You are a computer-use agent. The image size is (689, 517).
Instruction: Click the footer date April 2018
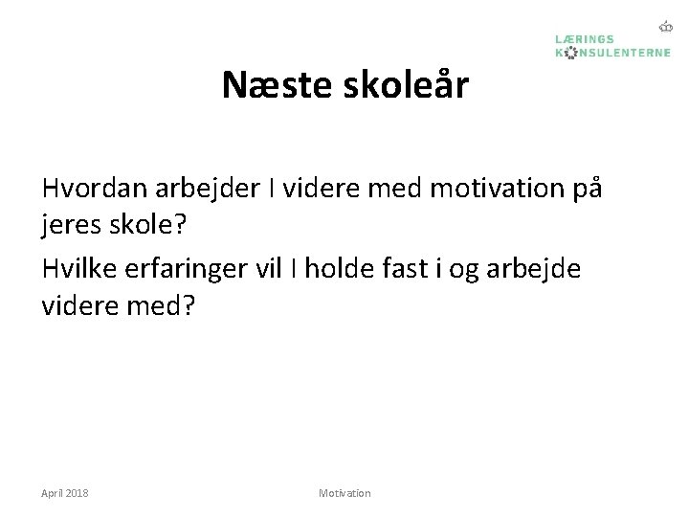pos(65,492)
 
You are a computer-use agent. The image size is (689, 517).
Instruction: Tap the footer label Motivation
pos(344,492)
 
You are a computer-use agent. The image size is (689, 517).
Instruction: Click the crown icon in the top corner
pos(666,27)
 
